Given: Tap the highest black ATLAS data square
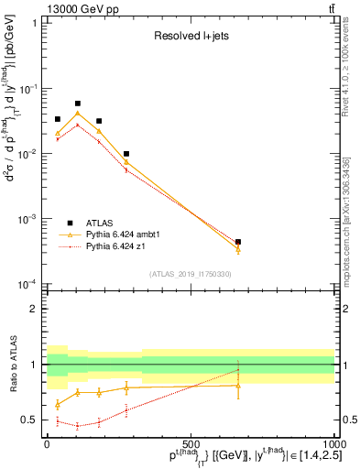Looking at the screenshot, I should [x=78, y=104].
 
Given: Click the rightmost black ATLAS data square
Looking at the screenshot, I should [x=238, y=242].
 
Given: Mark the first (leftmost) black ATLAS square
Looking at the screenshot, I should [x=57, y=119].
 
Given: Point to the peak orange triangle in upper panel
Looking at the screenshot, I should [x=78, y=114].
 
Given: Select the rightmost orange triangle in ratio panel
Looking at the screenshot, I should [x=238, y=386].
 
